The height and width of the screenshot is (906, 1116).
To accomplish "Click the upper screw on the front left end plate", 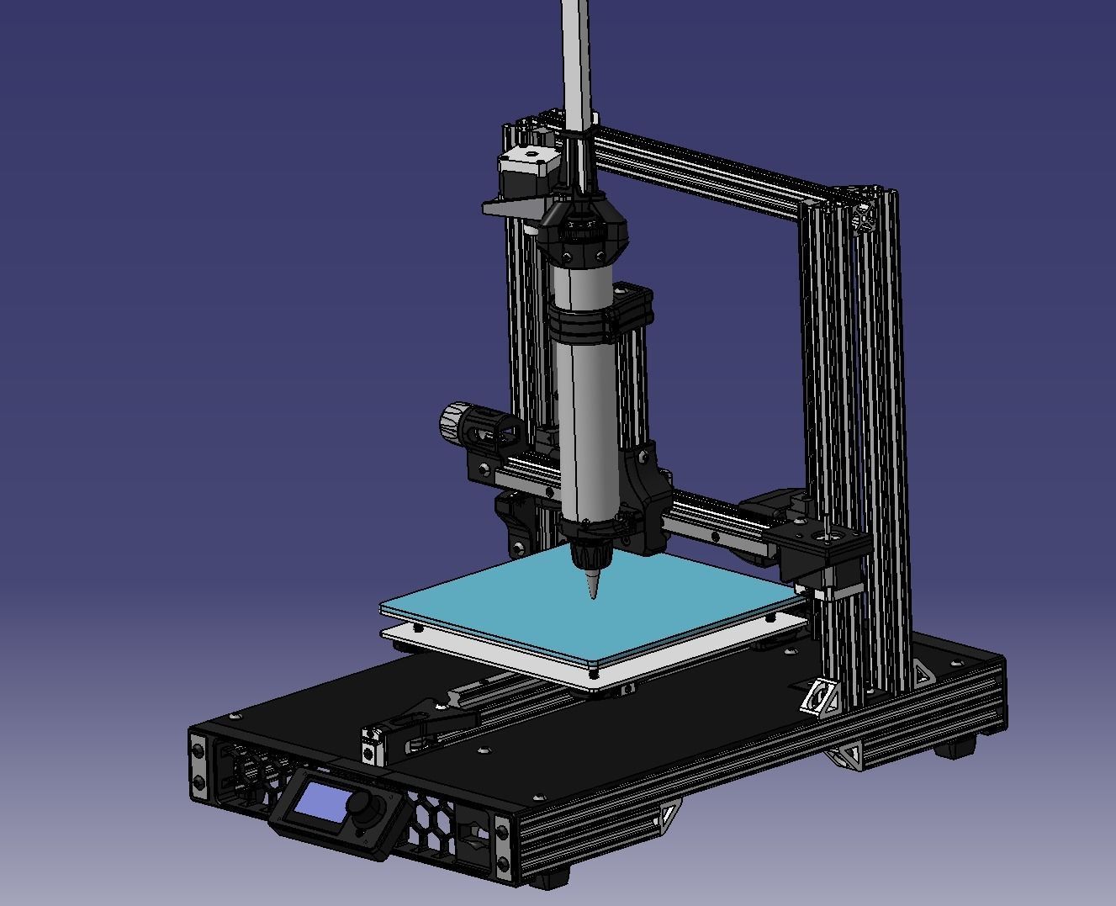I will pyautogui.click(x=198, y=750).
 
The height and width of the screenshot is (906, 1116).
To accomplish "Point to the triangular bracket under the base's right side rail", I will pyautogui.click(x=845, y=757).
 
